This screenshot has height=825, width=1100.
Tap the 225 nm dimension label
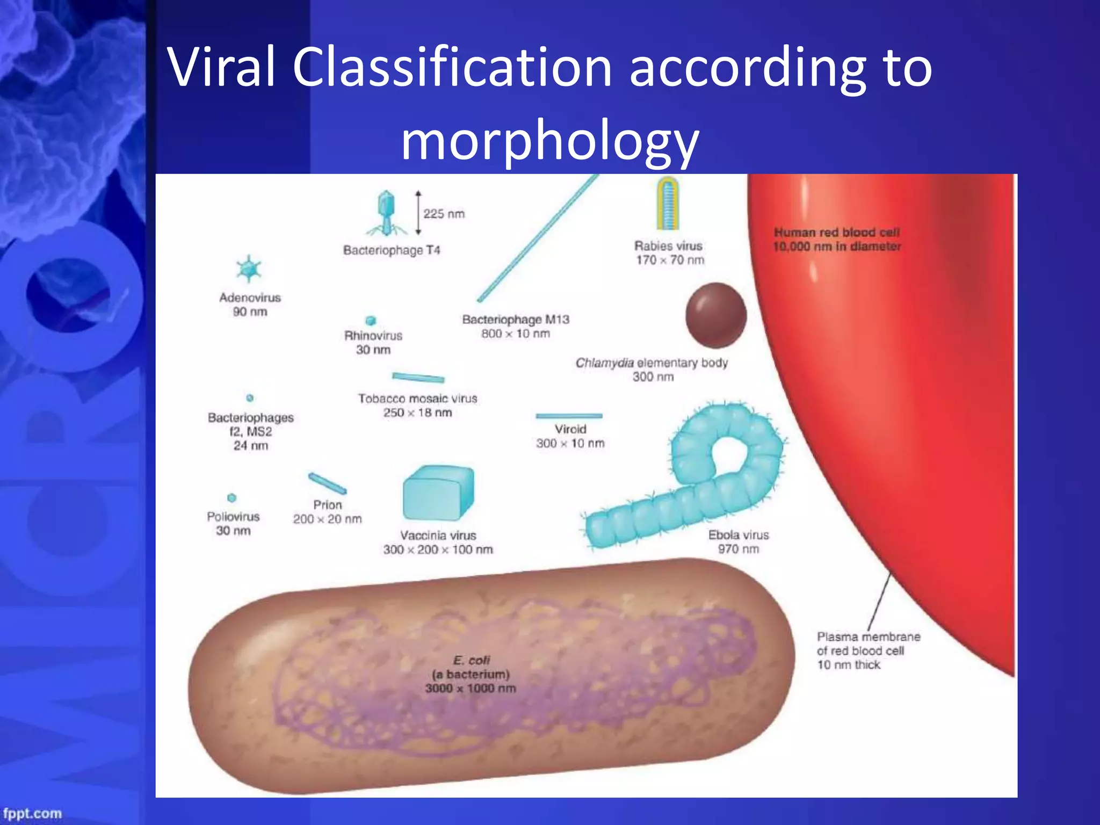(x=444, y=214)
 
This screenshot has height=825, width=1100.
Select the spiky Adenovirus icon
(x=249, y=269)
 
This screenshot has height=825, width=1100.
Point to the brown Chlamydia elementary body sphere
(x=715, y=316)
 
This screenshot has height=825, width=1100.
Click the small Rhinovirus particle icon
(x=371, y=321)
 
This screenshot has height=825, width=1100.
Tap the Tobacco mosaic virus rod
(x=418, y=378)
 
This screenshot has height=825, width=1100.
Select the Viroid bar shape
(x=569, y=416)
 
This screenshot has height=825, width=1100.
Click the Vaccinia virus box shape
(x=438, y=493)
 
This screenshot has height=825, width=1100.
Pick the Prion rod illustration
(x=327, y=483)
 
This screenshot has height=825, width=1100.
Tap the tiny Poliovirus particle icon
(x=231, y=498)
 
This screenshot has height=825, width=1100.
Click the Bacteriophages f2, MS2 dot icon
(x=250, y=398)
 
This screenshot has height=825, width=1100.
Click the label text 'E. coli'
(x=471, y=660)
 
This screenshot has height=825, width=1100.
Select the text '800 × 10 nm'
(x=516, y=334)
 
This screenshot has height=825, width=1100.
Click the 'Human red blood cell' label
(x=836, y=233)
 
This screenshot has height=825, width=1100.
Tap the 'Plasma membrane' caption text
(x=868, y=637)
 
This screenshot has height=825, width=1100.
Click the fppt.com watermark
(x=32, y=813)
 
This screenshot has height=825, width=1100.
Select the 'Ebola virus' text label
(x=738, y=535)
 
